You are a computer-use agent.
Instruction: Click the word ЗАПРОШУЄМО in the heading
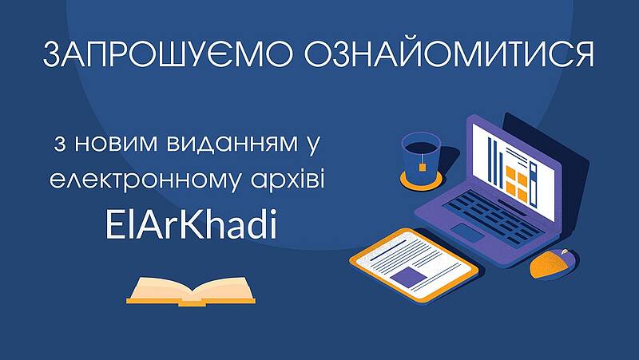pyautogui.click(x=168, y=54)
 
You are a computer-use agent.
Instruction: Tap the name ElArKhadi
pyautogui.click(x=191, y=224)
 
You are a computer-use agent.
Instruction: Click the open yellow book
pyautogui.click(x=191, y=291)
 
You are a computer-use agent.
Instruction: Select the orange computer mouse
pyautogui.click(x=554, y=264)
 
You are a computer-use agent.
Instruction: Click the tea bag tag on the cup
pyautogui.click(x=423, y=166)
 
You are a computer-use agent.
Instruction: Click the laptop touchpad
pyautogui.click(x=468, y=233)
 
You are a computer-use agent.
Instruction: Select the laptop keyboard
pyautogui.click(x=494, y=216)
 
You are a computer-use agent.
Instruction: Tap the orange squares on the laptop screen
pyautogui.click(x=517, y=184)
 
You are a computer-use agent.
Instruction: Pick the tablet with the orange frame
pyautogui.click(x=414, y=265)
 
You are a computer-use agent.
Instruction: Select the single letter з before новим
pyautogui.click(x=59, y=144)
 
